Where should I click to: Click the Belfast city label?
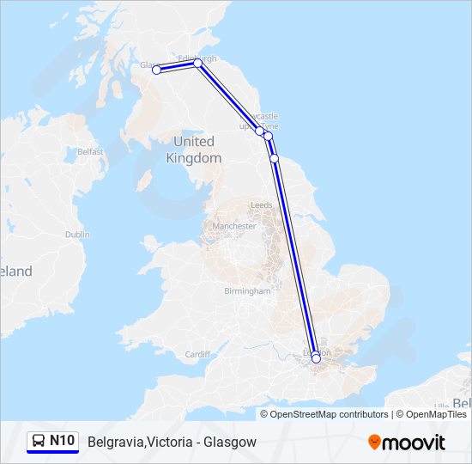coord(90,152)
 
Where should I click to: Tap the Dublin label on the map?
coord(76,234)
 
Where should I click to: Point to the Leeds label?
coord(261,205)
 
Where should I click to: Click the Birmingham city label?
coord(246,291)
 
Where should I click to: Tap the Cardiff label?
coord(197,354)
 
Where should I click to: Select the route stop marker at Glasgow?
coord(157,70)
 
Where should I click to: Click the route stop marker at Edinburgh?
coord(197,63)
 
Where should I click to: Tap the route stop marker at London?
coord(316,358)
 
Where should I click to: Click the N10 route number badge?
coord(63,441)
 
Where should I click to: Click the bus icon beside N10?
coord(39,441)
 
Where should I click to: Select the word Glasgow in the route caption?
coord(231,442)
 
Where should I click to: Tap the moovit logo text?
coord(414,443)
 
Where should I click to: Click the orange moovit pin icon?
coord(374,442)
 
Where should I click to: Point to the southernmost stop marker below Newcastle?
coord(274,158)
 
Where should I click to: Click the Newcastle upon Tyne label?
coord(263,121)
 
